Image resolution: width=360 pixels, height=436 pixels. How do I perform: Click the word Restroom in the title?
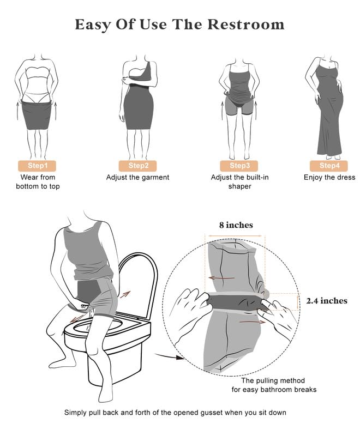point(248,25)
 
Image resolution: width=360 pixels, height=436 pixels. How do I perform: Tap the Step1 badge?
point(38,165)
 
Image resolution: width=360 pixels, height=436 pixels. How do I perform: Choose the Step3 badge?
point(239,165)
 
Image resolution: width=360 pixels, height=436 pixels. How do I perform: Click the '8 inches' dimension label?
point(235,225)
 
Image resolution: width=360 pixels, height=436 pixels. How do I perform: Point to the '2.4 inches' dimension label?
point(327,300)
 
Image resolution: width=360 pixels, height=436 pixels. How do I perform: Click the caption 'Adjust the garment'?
point(137,177)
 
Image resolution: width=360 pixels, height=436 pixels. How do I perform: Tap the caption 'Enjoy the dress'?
point(329,177)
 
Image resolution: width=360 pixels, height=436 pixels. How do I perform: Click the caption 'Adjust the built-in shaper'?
point(239,182)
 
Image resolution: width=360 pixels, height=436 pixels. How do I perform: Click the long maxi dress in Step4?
point(329,120)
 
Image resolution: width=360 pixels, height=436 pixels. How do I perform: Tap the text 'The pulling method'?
point(273,380)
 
